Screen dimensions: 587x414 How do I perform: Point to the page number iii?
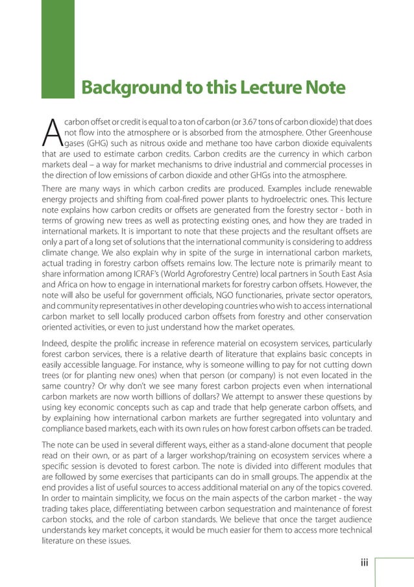(364, 562)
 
